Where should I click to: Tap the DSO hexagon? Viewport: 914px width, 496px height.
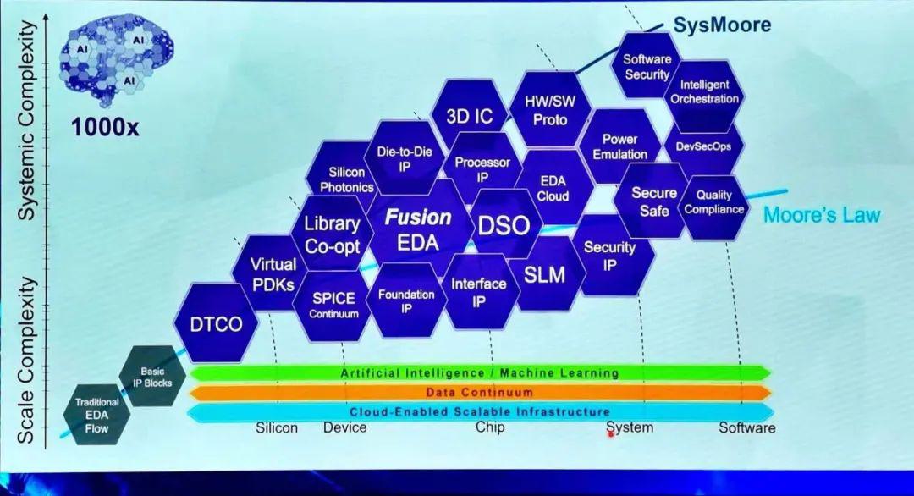(x=504, y=225)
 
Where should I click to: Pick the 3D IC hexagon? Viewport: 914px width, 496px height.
(x=469, y=117)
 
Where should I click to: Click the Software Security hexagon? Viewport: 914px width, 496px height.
(x=647, y=67)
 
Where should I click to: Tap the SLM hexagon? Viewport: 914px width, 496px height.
(x=543, y=274)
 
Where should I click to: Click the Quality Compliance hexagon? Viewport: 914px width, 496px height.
(x=714, y=202)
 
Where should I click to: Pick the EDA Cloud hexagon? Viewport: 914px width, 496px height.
(x=553, y=189)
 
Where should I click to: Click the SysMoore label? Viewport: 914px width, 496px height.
(x=722, y=25)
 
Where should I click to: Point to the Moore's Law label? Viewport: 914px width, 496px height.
(x=822, y=215)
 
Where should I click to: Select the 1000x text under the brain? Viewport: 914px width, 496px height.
(x=105, y=129)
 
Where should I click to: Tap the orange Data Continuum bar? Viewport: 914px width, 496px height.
(x=479, y=392)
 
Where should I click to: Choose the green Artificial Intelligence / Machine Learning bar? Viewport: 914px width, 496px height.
(x=479, y=372)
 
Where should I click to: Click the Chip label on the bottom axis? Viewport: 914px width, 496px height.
(x=490, y=427)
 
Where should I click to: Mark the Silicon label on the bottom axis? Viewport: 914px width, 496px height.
(x=277, y=427)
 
